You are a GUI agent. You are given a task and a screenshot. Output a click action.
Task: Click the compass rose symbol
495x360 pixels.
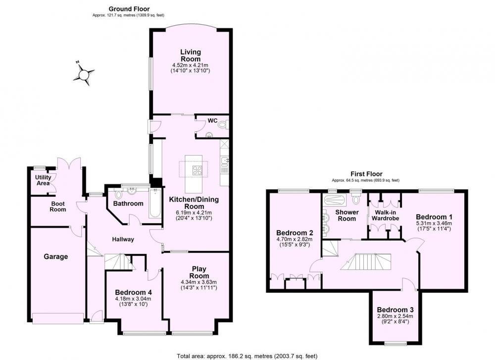84,75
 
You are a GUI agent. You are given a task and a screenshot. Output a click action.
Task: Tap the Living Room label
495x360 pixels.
191,55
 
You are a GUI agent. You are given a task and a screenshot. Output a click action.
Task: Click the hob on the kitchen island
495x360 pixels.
198,170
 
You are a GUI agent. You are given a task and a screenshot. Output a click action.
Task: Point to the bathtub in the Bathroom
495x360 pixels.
155,203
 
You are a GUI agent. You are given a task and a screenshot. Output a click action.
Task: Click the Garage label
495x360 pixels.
55,257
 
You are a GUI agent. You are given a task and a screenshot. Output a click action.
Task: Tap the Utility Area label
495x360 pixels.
43,180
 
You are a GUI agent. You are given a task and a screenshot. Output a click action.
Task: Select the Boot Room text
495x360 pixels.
58,206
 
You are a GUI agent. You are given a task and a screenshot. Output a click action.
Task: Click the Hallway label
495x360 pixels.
123,239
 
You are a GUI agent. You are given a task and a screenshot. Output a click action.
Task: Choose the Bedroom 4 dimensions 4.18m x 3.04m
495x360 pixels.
133,299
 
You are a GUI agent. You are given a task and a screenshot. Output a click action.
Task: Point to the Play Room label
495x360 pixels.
199,272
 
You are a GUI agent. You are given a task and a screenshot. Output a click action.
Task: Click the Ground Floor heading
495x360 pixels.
129,9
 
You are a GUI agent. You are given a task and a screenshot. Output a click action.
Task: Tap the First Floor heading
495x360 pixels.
366,174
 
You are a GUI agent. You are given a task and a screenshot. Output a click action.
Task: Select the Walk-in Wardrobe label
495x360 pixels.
385,215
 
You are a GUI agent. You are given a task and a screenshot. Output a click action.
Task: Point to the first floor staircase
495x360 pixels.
366,262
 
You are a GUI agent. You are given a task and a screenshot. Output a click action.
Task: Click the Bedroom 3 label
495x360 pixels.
395,309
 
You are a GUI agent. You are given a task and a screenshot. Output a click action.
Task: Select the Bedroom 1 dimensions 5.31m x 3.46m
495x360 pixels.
434,223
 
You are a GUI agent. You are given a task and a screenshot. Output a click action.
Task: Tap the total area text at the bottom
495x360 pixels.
247,356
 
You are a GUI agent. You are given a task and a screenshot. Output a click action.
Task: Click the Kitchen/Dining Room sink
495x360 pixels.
225,162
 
